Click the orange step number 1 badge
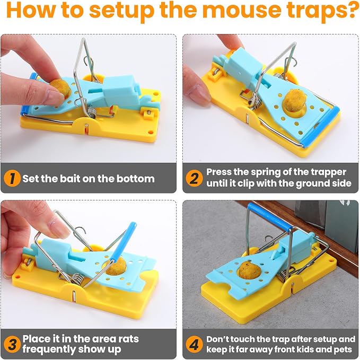tap(12, 178)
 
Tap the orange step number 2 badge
tap(194, 178)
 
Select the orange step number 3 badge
tap(12, 344)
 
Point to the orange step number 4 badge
tap(194, 344)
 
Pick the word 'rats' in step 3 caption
tap(128, 339)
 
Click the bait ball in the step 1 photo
tap(60, 89)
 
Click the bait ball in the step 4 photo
tap(250, 271)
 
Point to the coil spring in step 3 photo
tap(76, 279)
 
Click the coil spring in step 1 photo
tap(92, 111)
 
